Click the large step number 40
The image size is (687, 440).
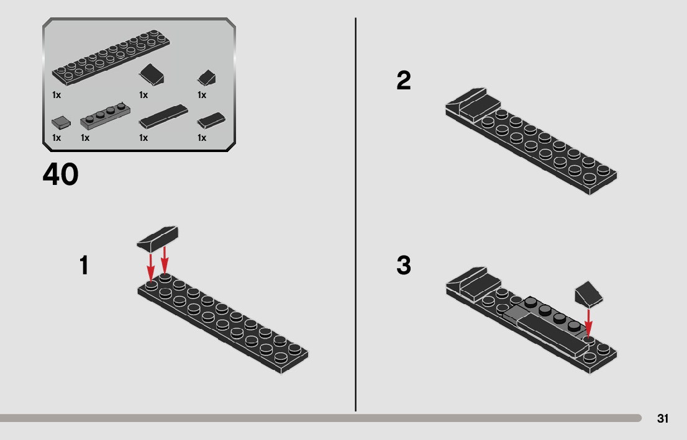[x=61, y=175]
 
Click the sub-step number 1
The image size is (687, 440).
[x=84, y=266]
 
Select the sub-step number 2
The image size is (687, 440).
[x=404, y=81]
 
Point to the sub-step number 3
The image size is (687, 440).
[x=404, y=266]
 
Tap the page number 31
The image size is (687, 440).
[x=663, y=419]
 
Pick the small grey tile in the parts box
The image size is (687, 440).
[x=60, y=122]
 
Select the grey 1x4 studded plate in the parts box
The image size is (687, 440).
[x=106, y=116]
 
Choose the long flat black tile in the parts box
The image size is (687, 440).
[x=163, y=116]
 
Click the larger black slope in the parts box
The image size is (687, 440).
[x=152, y=75]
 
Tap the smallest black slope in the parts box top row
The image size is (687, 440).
[x=206, y=78]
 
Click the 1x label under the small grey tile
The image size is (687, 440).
[x=57, y=138]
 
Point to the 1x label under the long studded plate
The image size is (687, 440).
[x=57, y=95]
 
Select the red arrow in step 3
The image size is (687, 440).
[x=588, y=321]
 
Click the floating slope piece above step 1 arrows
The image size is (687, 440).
[x=158, y=238]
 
